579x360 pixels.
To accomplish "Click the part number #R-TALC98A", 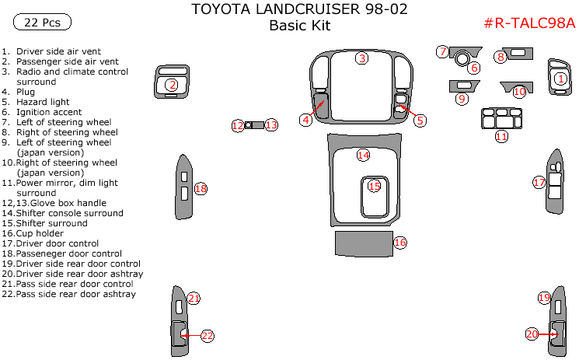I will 529,23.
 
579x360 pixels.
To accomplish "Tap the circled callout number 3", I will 362,58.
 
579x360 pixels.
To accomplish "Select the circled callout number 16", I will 400,243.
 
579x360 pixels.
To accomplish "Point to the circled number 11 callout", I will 502,137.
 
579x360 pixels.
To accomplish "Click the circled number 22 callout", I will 207,336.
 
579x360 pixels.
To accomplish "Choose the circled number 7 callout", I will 442,52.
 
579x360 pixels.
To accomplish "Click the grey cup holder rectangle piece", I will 362,243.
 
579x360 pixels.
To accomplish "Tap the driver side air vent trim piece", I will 560,78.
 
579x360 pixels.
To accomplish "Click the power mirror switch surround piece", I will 501,118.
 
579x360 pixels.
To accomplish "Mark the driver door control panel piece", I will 556,180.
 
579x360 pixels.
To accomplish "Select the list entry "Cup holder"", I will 43,233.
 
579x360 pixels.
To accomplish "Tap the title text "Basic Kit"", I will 300,26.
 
